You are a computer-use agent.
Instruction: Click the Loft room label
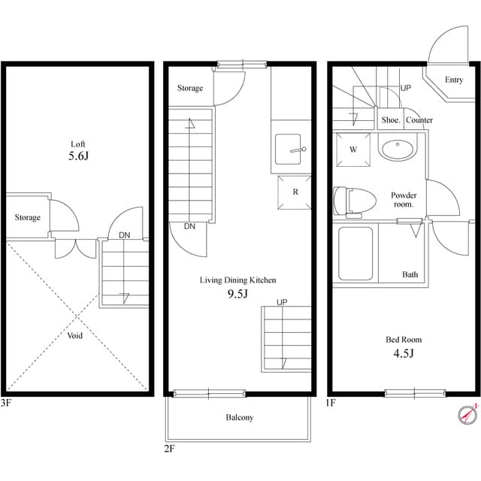point(78,144)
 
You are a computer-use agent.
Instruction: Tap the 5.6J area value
point(79,159)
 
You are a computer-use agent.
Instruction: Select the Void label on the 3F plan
point(75,335)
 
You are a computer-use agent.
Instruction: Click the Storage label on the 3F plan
point(28,218)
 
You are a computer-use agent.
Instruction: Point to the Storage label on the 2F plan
point(190,89)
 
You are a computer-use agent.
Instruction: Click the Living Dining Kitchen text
point(237,280)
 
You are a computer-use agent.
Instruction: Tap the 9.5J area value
point(237,295)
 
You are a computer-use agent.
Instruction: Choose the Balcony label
point(239,418)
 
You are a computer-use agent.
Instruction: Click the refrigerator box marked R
point(295,192)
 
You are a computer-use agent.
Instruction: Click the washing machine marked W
point(352,149)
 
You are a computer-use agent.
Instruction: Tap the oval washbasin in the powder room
point(397,149)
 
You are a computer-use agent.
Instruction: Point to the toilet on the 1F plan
point(355,201)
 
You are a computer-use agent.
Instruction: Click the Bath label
point(410,274)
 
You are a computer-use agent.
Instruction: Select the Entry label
point(453,80)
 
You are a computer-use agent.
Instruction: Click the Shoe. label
point(390,120)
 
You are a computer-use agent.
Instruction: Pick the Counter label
point(419,120)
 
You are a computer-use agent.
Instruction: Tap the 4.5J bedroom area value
point(400,353)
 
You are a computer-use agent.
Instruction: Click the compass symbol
point(467,413)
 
